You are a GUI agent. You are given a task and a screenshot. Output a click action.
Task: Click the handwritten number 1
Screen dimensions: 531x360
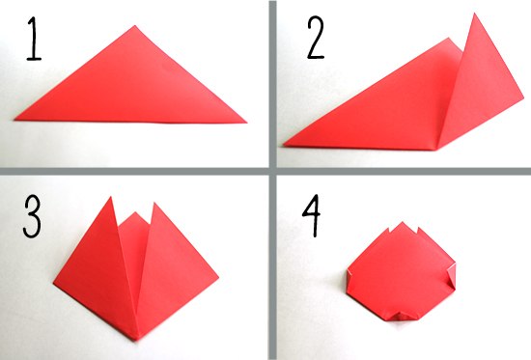coord(34,39)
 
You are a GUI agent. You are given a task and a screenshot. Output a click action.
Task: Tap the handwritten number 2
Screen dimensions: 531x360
coord(316,38)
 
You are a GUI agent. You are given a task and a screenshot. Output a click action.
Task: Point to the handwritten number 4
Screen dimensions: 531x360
coord(311,215)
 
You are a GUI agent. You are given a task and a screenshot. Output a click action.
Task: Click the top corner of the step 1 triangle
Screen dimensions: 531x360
coord(135,25)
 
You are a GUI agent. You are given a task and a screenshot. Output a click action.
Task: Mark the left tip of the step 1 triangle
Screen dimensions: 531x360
coord(14,120)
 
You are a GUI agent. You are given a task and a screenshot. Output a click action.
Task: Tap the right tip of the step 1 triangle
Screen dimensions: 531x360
coord(246,123)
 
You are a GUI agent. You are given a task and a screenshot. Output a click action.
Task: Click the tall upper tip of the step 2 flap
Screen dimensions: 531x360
coord(475,14)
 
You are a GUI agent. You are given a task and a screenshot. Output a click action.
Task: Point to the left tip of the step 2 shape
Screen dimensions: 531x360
coord(284,146)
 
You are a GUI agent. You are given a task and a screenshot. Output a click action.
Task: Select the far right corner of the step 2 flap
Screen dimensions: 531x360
coord(523,100)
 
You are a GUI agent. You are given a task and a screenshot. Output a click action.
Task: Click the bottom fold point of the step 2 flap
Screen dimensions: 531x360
coord(436,149)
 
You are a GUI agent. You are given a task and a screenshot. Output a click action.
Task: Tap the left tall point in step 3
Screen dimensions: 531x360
coord(110,197)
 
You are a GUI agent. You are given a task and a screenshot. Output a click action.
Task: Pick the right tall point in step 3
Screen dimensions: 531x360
coord(154,203)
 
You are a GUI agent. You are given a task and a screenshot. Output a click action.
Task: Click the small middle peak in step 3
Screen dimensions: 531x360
coord(135,212)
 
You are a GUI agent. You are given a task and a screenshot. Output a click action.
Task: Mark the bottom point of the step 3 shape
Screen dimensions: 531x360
coord(136,340)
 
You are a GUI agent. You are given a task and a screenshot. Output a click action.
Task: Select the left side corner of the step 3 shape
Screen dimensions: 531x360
coord(54,283)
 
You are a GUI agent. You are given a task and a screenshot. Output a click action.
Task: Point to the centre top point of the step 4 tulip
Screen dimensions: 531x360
coord(403,222)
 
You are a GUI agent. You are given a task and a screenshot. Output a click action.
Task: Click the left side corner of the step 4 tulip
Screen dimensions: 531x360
coord(349,270)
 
